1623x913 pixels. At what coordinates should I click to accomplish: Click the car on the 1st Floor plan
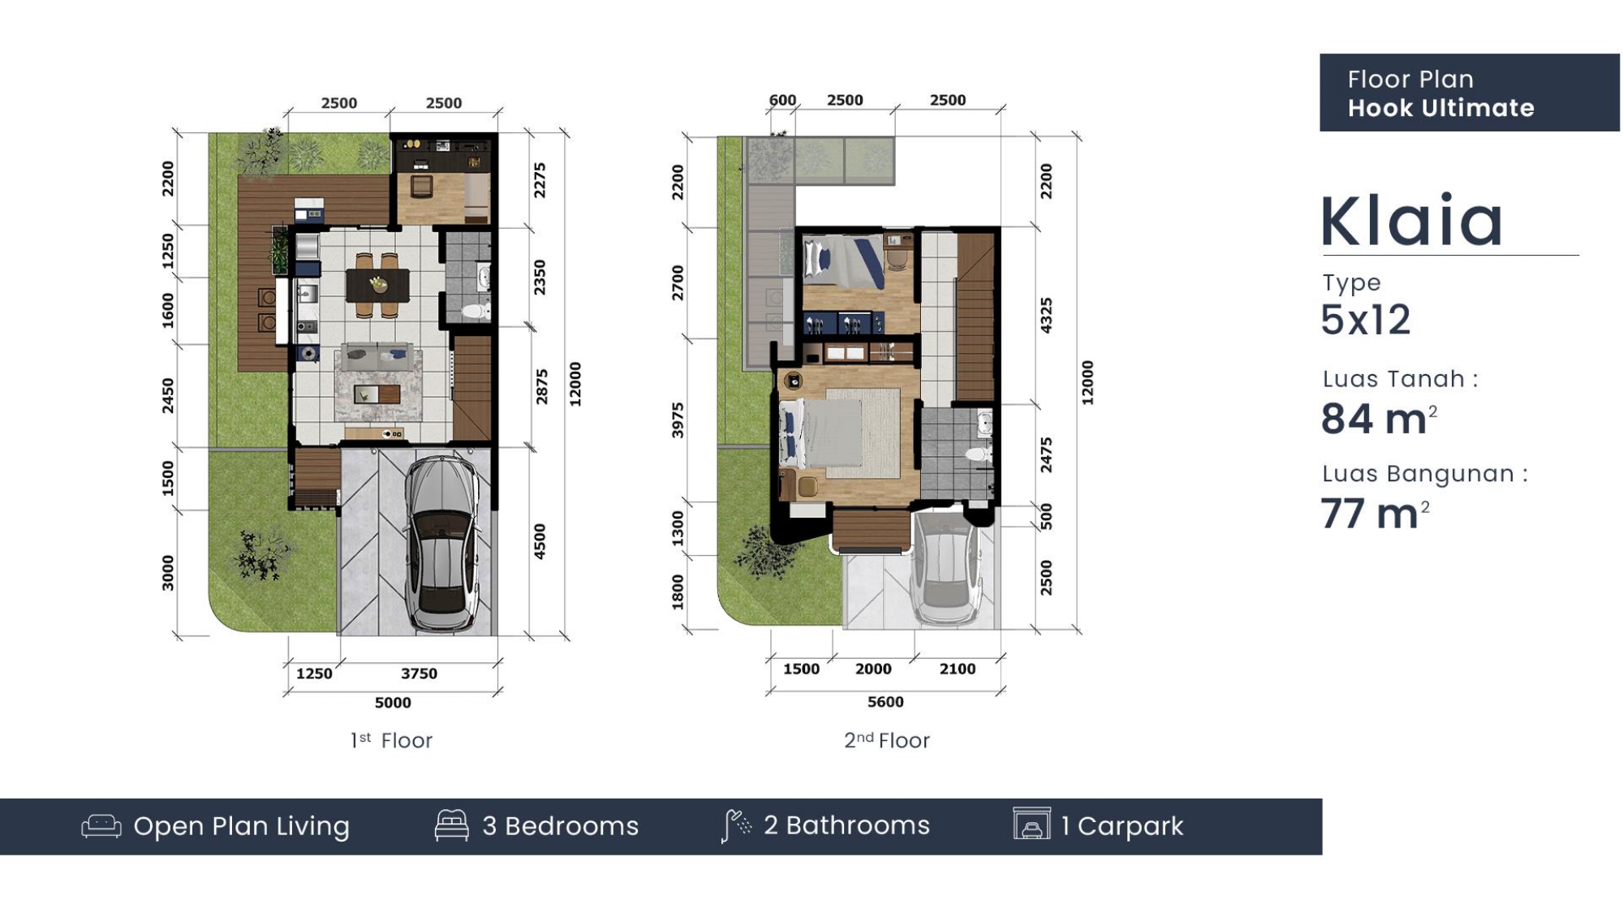coord(442,545)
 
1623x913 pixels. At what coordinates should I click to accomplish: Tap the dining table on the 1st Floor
coord(377,285)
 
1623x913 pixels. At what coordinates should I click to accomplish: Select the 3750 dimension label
coord(419,674)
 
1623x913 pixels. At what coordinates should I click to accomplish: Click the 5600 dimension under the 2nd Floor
coord(885,702)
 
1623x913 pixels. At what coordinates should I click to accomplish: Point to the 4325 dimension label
coord(1047,315)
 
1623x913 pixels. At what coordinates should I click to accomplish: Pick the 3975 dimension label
coord(678,420)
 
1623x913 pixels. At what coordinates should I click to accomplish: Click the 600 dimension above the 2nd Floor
coord(782,100)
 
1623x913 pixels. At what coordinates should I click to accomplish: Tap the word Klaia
coord(1412,221)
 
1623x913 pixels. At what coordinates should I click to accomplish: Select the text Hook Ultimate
coord(1441,108)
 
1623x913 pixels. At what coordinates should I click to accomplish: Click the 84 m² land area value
coord(1379,419)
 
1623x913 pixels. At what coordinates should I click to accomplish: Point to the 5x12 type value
coord(1366,320)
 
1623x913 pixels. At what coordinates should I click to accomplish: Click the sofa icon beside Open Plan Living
coord(101,826)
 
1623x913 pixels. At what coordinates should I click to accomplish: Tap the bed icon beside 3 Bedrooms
coord(452,825)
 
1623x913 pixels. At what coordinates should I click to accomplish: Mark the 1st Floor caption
coord(391,740)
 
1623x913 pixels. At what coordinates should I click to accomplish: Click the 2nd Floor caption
coord(887,740)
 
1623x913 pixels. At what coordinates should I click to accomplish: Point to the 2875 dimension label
coord(541,386)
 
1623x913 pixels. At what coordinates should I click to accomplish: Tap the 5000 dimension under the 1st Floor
coord(393,703)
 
